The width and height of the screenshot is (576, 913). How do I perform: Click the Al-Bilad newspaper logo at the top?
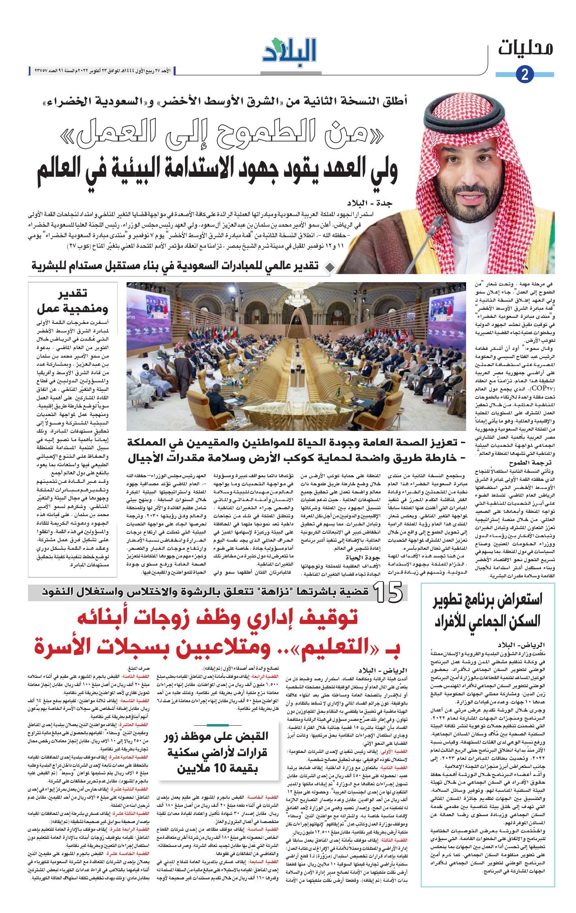(x=289, y=50)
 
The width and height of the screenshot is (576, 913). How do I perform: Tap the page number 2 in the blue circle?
(x=524, y=75)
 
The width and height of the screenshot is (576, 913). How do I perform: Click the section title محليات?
(x=526, y=48)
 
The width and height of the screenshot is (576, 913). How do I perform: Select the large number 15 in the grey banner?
(x=388, y=592)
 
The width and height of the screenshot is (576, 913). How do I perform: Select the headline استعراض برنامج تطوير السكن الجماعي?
(x=487, y=611)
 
